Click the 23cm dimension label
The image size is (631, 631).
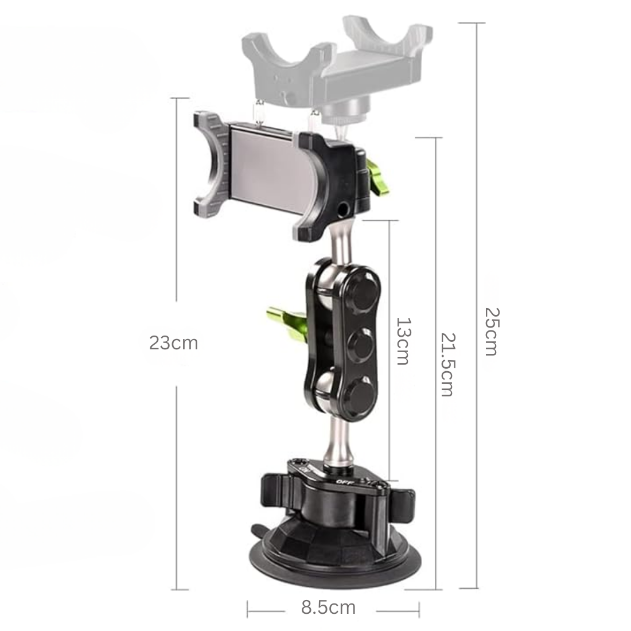pyautogui.click(x=173, y=343)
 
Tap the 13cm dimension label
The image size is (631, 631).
pyautogui.click(x=403, y=341)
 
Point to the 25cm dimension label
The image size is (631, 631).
pyautogui.click(x=492, y=332)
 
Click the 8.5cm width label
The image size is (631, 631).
pyautogui.click(x=328, y=607)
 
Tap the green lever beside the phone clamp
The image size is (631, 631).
pyautogui.click(x=377, y=176)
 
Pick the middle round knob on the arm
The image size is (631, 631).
pyautogui.click(x=361, y=344)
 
